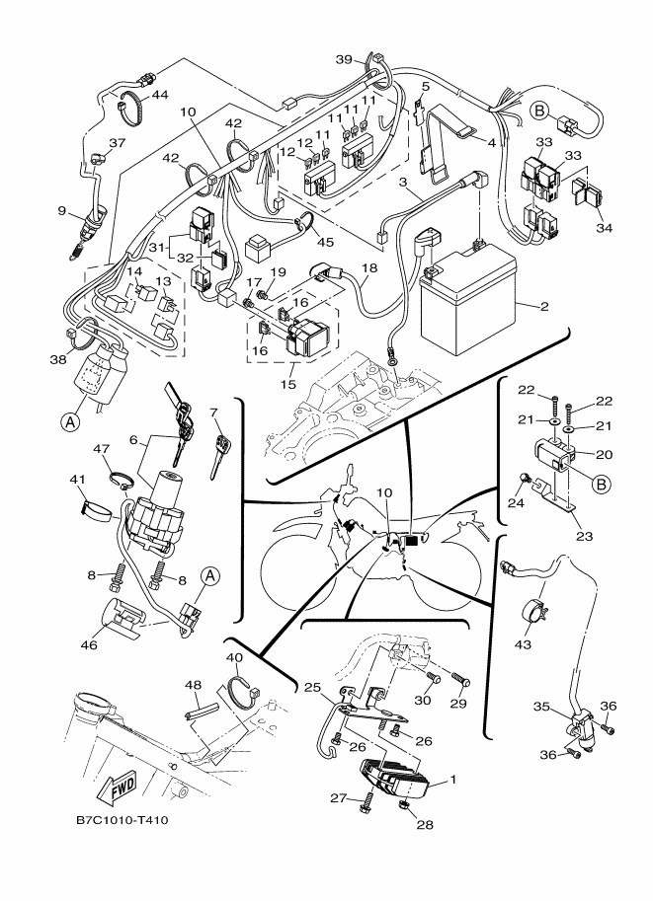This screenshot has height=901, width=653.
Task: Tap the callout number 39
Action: [343, 60]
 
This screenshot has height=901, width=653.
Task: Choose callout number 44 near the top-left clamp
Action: [158, 95]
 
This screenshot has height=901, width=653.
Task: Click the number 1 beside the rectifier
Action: [453, 780]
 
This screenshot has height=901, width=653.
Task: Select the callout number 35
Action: [540, 707]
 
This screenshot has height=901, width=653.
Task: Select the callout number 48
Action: [192, 686]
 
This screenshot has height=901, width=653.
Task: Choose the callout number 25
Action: [311, 687]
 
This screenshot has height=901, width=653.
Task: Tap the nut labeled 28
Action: [405, 807]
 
